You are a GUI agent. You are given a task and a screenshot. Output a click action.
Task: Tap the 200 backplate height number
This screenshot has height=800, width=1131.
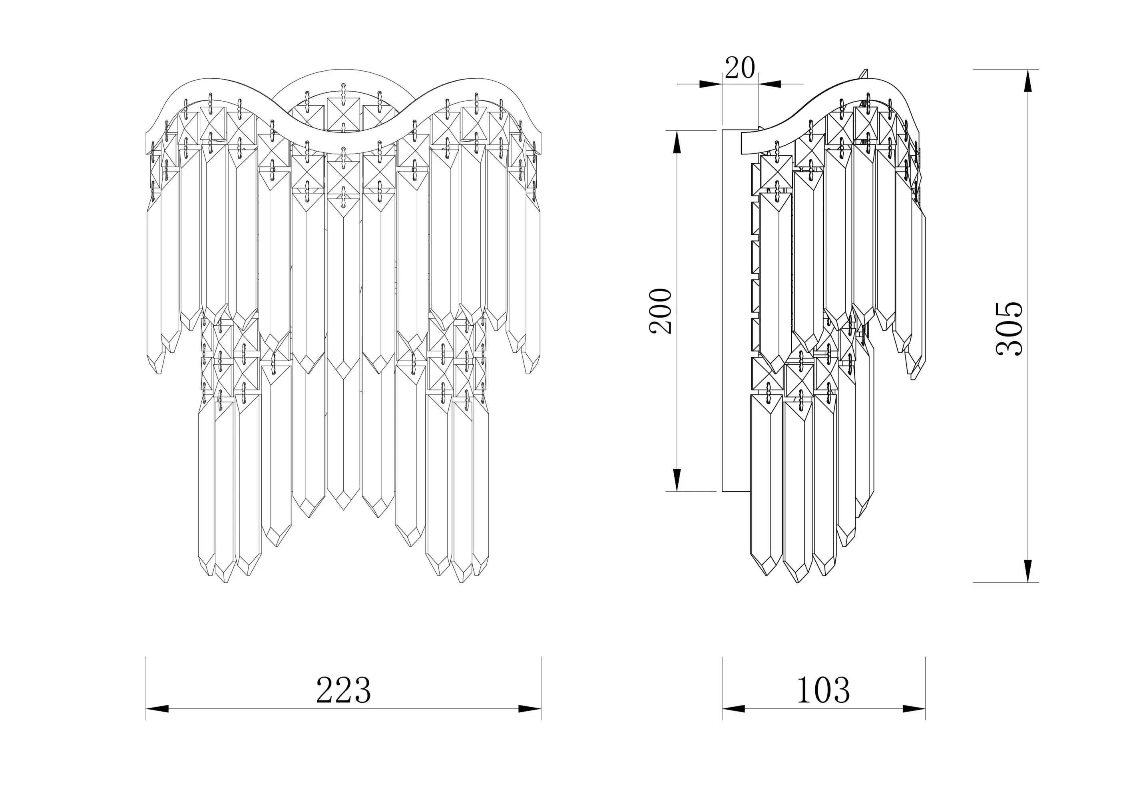661,311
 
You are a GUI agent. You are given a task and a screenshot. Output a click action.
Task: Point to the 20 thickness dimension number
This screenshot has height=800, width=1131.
740,68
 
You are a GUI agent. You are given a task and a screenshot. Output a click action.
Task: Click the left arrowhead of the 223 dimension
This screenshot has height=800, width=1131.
157,709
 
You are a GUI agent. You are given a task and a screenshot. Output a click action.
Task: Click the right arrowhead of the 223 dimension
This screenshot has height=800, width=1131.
530,709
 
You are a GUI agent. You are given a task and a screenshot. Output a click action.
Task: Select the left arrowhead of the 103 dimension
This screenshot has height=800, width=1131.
733,709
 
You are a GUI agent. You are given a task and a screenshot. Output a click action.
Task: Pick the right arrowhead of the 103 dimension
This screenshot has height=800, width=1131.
914,709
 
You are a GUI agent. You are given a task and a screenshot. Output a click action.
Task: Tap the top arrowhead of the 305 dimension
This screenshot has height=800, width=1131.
1027,81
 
